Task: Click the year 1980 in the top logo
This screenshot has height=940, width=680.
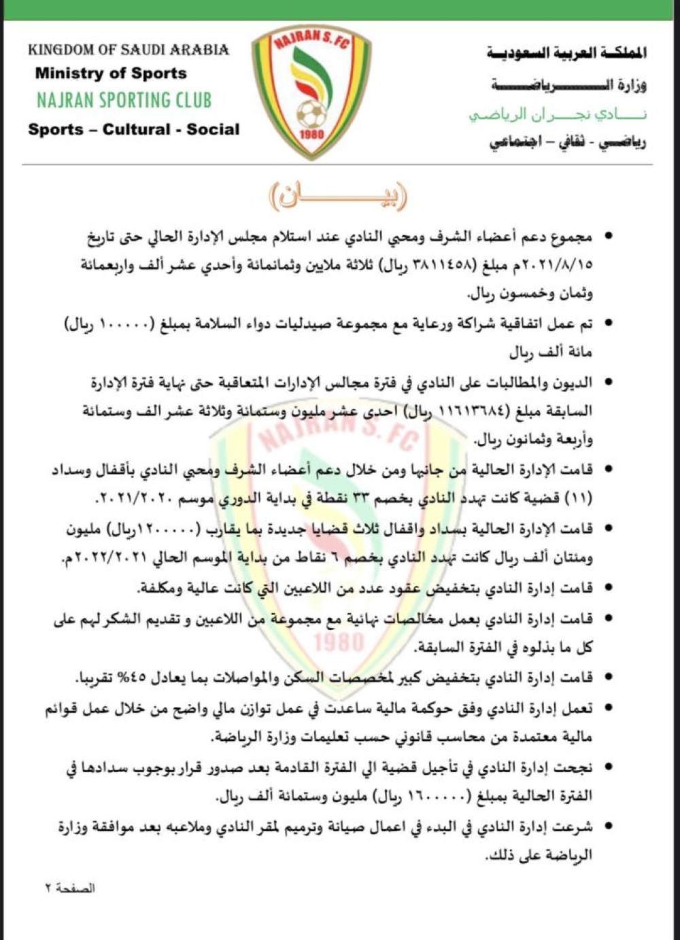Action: [x=311, y=134]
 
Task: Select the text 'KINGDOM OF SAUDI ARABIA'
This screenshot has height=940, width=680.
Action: [x=129, y=50]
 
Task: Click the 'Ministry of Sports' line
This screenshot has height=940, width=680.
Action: [x=111, y=73]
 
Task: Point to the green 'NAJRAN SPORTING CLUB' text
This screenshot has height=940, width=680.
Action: [x=124, y=100]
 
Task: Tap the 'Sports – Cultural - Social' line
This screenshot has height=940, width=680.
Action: [x=133, y=129]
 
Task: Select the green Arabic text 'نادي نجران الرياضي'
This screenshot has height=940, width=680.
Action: [x=558, y=114]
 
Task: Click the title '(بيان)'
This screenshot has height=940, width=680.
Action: [x=338, y=197]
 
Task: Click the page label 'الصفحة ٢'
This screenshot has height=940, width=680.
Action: [x=70, y=888]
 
